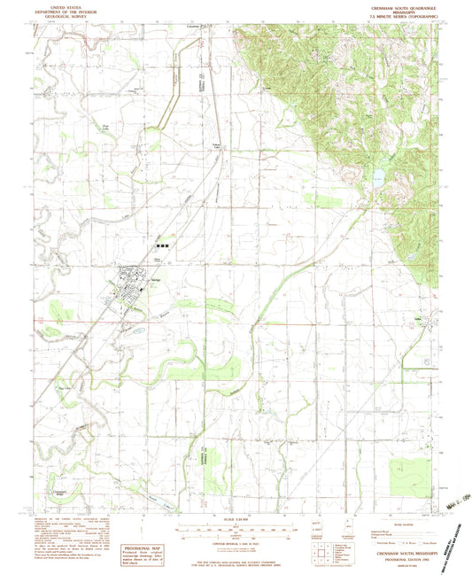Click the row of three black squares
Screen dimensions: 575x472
pos(162,245)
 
